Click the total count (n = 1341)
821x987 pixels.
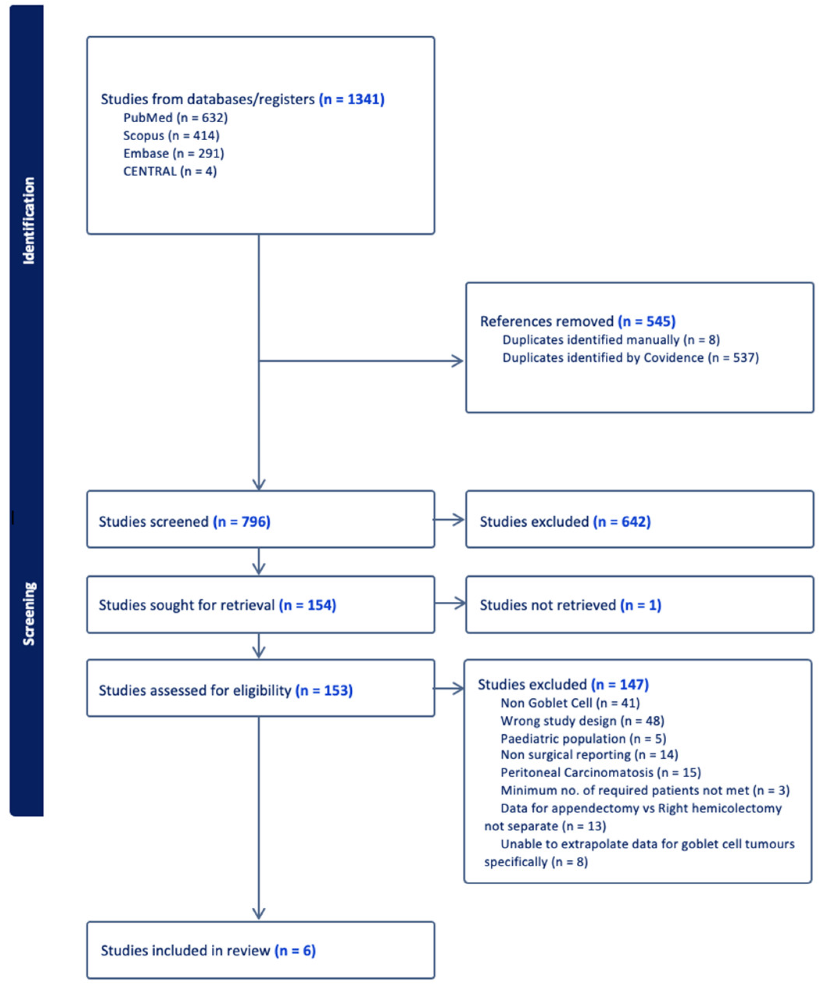352,99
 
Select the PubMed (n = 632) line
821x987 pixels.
175,118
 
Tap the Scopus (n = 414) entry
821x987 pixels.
171,135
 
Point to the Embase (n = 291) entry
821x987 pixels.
174,153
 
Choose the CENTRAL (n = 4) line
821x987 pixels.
170,171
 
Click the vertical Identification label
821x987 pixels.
29,220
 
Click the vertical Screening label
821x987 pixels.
29,613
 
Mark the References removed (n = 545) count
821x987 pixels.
647,321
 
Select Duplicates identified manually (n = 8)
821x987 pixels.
611,339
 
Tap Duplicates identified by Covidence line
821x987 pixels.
630,358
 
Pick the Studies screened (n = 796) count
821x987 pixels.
241,521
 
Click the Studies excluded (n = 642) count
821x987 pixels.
622,521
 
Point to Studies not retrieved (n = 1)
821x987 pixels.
570,605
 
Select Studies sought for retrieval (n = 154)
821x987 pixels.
217,605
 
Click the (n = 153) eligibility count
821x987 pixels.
324,690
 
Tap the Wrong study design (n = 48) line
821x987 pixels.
582,721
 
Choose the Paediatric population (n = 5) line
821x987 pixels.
583,738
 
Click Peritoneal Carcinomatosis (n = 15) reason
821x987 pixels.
600,772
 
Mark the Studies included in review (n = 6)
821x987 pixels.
208,950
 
